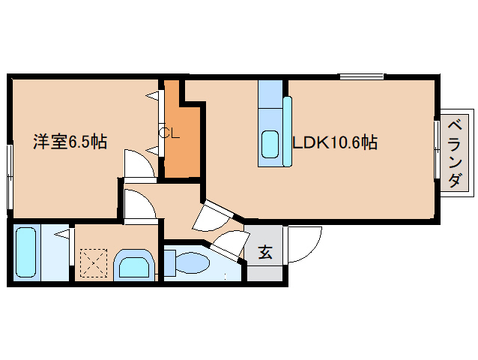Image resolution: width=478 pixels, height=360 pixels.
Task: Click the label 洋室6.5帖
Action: [69, 141]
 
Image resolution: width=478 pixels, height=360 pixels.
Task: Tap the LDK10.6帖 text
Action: [333, 142]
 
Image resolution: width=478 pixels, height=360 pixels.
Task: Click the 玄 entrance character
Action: [265, 253]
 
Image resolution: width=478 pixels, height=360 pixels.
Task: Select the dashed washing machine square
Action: [94, 263]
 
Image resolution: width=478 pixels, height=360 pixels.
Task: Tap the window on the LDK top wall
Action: [361, 76]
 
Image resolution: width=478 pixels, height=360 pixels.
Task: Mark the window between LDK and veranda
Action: [437, 149]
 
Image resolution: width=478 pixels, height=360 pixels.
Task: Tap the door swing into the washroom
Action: [139, 205]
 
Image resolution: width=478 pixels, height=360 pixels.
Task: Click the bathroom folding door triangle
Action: [64, 235]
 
